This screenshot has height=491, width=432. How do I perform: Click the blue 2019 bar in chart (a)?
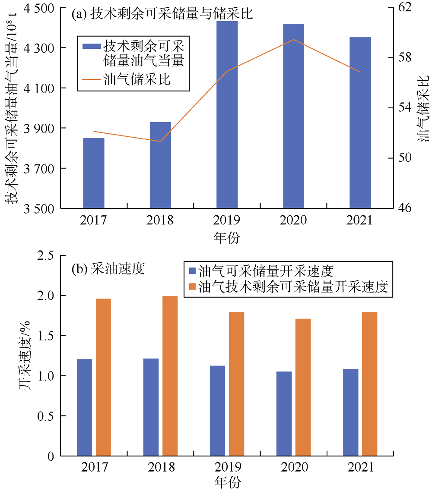tap(227, 114)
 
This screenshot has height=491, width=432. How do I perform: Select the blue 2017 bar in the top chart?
tap(94, 173)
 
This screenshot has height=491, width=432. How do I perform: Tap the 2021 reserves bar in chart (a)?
tap(360, 123)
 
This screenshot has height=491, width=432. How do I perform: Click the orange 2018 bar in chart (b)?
tap(170, 376)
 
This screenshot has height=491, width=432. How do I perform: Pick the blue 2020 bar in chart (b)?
tap(284, 413)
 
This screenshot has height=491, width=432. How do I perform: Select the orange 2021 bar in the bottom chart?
tap(370, 384)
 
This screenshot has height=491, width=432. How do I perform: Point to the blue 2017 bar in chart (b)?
tap(84, 407)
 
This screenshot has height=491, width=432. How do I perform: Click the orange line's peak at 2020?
tap(294, 40)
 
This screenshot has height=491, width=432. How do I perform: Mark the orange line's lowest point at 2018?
tap(160, 141)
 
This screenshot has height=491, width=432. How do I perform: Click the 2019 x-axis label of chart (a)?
tap(227, 220)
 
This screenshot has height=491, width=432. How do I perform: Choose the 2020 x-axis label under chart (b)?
tap(293, 468)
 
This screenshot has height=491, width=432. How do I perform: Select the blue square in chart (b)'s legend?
tap(193, 271)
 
